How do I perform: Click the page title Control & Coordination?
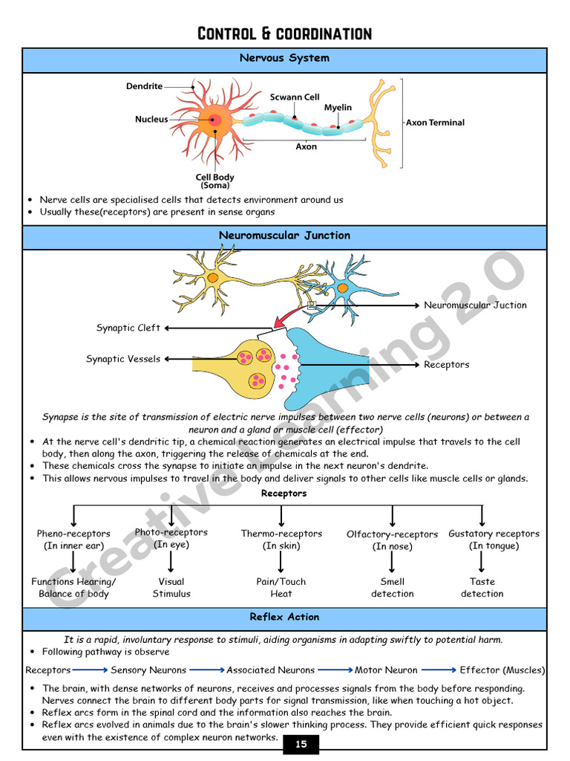click(284, 33)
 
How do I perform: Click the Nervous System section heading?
click(284, 58)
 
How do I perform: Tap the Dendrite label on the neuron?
click(144, 86)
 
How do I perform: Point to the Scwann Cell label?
click(295, 97)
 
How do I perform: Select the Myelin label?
click(338, 108)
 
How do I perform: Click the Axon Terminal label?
click(435, 123)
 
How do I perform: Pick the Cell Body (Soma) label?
click(214, 181)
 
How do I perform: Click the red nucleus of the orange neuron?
click(214, 120)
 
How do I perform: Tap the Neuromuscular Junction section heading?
click(284, 236)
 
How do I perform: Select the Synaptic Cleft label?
click(128, 328)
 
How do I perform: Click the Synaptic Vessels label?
click(123, 359)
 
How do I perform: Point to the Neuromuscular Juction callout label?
click(475, 305)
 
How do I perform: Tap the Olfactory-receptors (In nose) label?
click(392, 540)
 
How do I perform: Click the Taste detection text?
click(482, 588)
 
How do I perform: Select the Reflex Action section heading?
click(284, 617)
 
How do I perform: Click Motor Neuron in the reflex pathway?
click(386, 670)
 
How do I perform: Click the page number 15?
click(301, 745)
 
